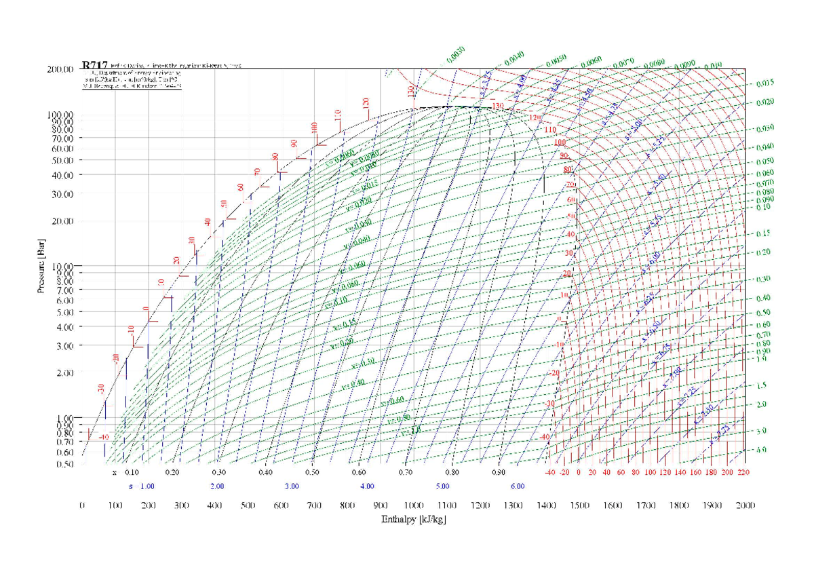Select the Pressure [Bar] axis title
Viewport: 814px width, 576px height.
coord(41,264)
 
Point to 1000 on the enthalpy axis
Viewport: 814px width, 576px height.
coord(413,505)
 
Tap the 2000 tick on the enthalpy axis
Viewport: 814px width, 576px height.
coord(745,505)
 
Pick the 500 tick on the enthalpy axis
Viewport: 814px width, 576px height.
coord(248,505)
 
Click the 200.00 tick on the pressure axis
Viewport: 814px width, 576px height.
coord(60,69)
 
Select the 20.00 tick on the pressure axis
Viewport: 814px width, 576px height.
coord(62,220)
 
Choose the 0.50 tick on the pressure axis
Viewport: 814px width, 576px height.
coord(64,464)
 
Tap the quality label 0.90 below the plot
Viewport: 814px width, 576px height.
coord(499,472)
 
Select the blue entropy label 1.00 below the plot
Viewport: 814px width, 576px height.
coord(147,486)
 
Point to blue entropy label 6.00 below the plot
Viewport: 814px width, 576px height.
coord(518,486)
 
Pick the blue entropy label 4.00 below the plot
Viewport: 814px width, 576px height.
coord(367,486)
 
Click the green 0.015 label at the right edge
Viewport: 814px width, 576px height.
coord(764,83)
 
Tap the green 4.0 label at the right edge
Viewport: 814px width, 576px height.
coord(761,450)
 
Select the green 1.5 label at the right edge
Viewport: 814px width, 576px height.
coord(761,385)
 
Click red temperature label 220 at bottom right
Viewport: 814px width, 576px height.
coord(743,472)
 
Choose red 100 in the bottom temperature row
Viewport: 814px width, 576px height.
coord(651,472)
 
